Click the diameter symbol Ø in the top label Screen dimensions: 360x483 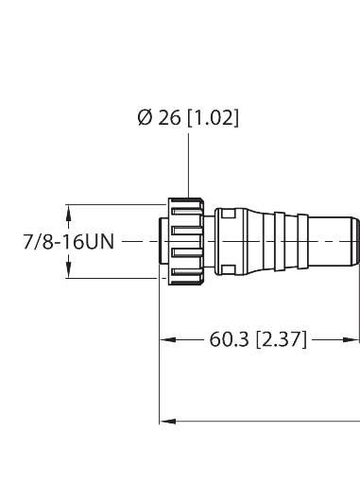[145, 118]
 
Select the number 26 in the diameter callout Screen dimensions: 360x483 [169, 118]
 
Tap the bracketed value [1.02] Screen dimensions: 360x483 [214, 118]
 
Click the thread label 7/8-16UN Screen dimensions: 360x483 [69, 242]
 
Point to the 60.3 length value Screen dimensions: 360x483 [229, 339]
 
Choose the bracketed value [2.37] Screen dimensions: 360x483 [281, 339]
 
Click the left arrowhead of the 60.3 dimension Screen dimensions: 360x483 [168, 339]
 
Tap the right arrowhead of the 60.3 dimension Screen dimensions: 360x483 [351, 339]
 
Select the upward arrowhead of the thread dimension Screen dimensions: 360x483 [69, 213]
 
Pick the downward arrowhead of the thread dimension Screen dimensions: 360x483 [69, 270]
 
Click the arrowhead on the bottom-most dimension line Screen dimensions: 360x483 [168, 422]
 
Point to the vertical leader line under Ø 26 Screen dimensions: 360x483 [189, 165]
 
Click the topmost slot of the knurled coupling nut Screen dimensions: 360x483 [186, 211]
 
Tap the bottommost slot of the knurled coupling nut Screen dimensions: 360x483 [186, 272]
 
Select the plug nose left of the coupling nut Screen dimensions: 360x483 [163, 241]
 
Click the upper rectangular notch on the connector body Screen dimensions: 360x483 [229, 214]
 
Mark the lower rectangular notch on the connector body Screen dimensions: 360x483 [229, 269]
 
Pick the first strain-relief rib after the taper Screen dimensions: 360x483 [280, 241]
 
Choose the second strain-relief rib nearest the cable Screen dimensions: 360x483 [303, 241]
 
